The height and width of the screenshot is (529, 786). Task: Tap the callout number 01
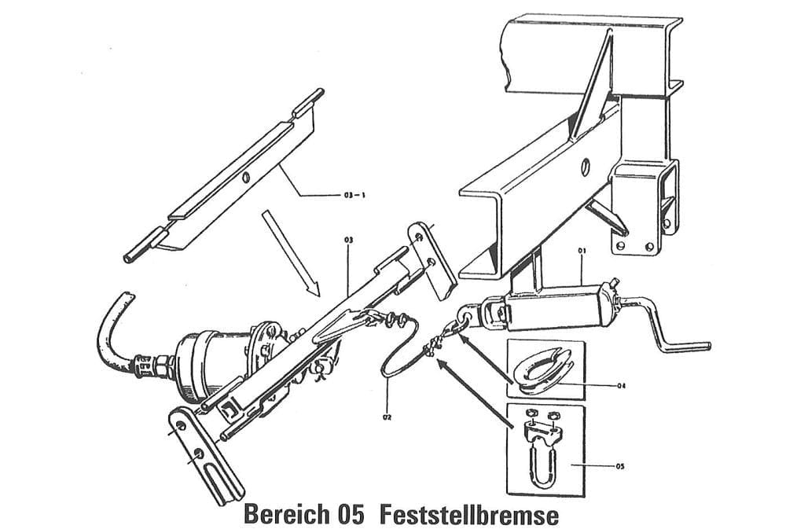tap(582, 252)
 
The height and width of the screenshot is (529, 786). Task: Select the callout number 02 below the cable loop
tap(387, 418)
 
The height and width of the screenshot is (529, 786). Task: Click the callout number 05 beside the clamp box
tap(620, 466)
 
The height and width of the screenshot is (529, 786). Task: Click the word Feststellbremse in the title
tap(469, 515)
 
